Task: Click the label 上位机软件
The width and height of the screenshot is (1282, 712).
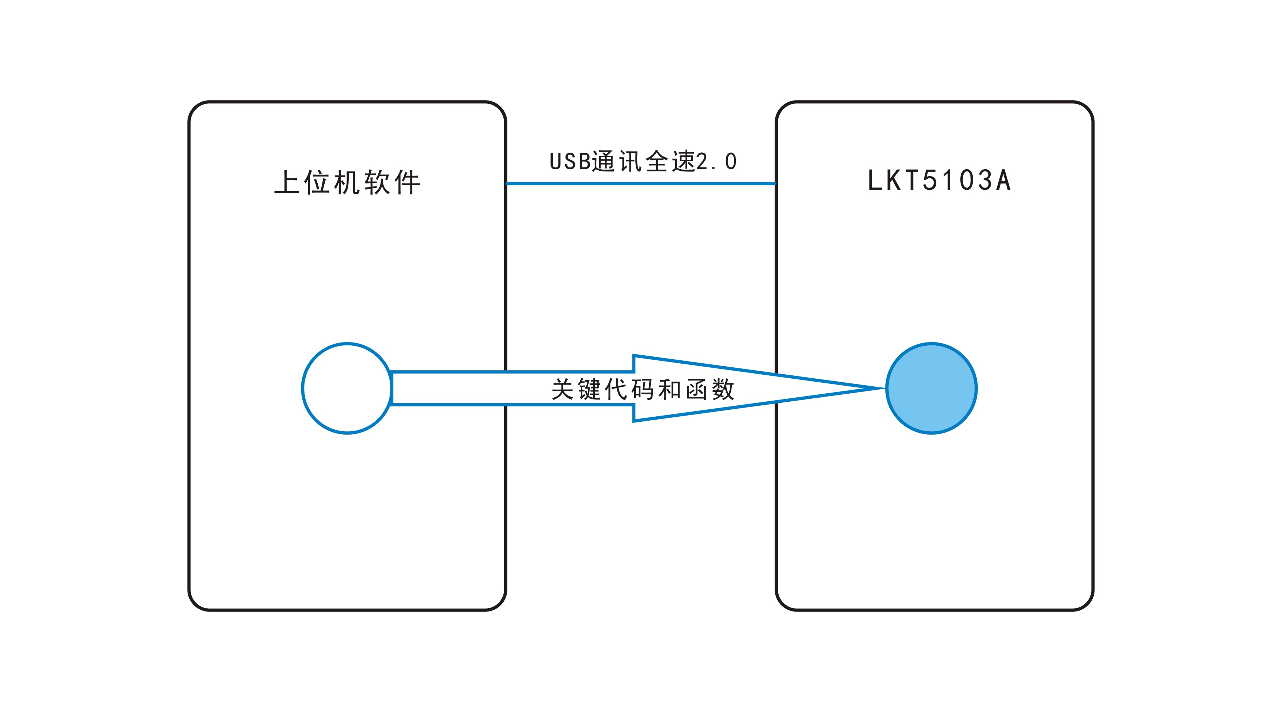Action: pos(347,182)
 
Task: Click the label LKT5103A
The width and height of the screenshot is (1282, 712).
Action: pos(939,180)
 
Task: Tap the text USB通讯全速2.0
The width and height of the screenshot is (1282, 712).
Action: pos(643,161)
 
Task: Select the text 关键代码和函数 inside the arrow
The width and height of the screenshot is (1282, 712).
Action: pos(643,389)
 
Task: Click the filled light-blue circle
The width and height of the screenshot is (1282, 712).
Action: pos(932,388)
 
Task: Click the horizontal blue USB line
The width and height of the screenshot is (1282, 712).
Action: pos(641,183)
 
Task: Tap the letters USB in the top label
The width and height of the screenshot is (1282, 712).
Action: pos(570,162)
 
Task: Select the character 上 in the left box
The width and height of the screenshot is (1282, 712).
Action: pos(287,182)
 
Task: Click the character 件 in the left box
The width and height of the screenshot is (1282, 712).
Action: pos(408,182)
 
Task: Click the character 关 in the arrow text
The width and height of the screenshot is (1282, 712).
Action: pos(563,389)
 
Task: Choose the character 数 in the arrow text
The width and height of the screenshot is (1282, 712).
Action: pos(723,389)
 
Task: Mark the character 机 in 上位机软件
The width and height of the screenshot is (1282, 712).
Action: pos(347,182)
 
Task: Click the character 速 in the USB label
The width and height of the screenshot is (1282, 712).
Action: pos(683,161)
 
